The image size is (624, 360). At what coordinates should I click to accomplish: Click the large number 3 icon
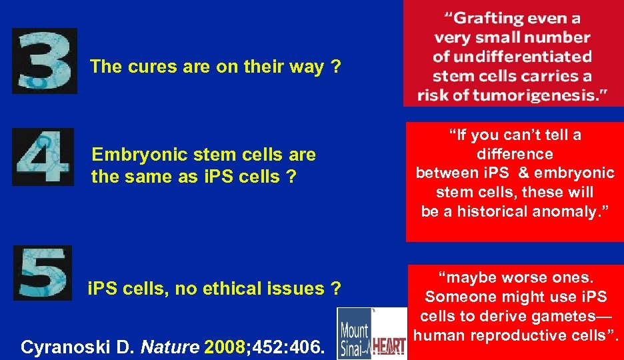[x=44, y=61]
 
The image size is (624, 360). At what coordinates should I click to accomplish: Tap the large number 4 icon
[x=43, y=158]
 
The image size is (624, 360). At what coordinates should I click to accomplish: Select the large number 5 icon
[x=43, y=273]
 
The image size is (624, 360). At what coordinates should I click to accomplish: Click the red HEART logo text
[x=388, y=346]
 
